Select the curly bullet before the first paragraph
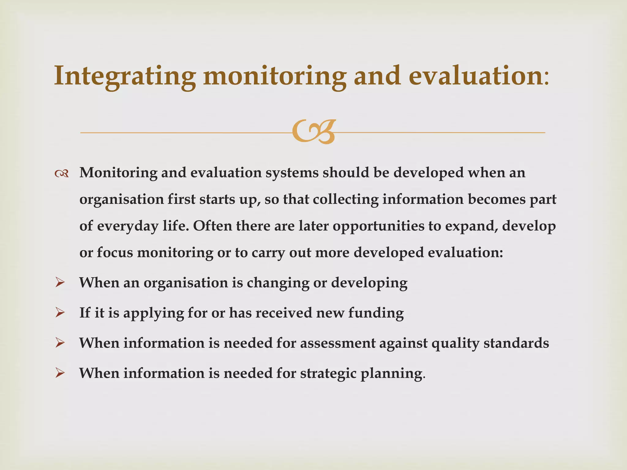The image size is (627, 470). click(x=61, y=174)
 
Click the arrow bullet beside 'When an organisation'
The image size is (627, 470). click(x=60, y=282)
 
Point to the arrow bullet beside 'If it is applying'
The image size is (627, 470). click(x=60, y=313)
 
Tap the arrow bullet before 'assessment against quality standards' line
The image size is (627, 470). click(x=60, y=343)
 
